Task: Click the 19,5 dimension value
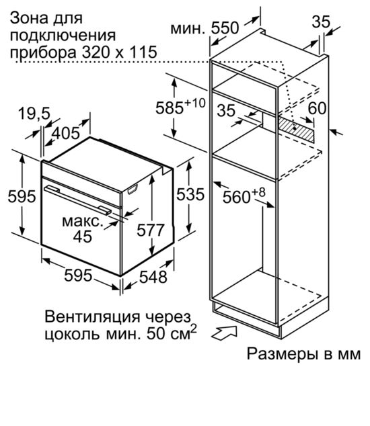coord(34,114)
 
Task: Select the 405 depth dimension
coord(65,133)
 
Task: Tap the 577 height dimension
coord(151,230)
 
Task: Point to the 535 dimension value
coord(190,194)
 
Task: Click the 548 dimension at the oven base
coord(153,277)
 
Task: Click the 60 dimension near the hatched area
coord(317,108)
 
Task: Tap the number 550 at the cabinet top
coord(225,28)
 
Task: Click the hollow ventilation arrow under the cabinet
coord(225,333)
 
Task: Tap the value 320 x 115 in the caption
coord(120,52)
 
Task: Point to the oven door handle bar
coord(77,199)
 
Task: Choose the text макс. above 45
coord(83,222)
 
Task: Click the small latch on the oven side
coord(133,189)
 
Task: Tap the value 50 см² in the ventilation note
coord(172,333)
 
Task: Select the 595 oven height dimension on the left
coord(22,196)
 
